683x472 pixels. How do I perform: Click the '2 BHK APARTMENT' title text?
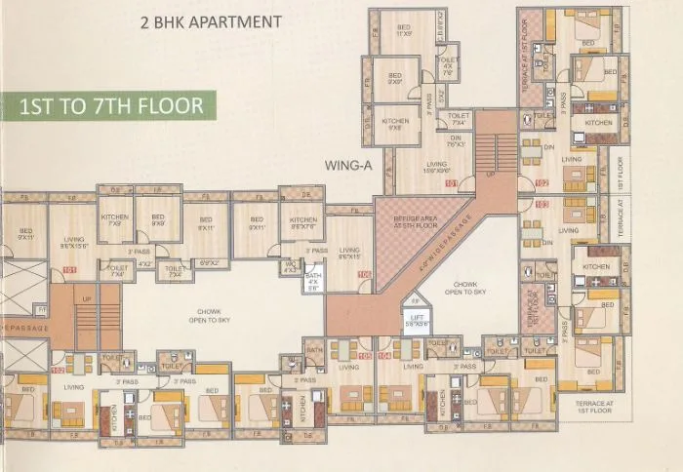tap(211, 20)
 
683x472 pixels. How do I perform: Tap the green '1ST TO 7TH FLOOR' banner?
tap(111, 105)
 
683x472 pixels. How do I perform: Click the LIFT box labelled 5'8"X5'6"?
tap(416, 323)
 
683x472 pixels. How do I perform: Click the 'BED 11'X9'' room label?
tap(401, 30)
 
